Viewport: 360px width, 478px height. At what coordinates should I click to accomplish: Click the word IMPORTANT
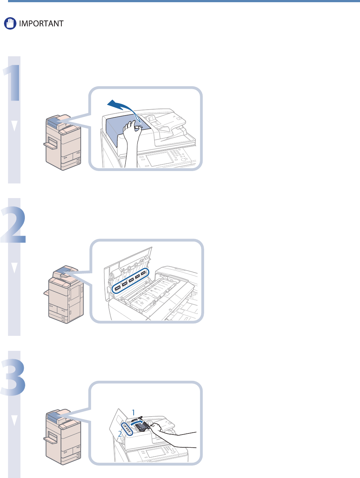click(x=41, y=24)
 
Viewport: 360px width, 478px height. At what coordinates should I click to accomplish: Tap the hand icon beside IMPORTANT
click(x=10, y=24)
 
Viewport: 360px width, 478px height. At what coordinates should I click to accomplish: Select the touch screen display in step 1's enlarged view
click(x=159, y=158)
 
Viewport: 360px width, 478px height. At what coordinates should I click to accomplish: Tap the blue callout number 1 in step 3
click(x=134, y=412)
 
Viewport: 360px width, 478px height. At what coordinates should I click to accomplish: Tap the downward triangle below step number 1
click(x=14, y=126)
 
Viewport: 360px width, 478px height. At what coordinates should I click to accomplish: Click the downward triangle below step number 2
click(x=14, y=268)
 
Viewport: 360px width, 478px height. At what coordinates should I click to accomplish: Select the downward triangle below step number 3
click(x=14, y=420)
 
